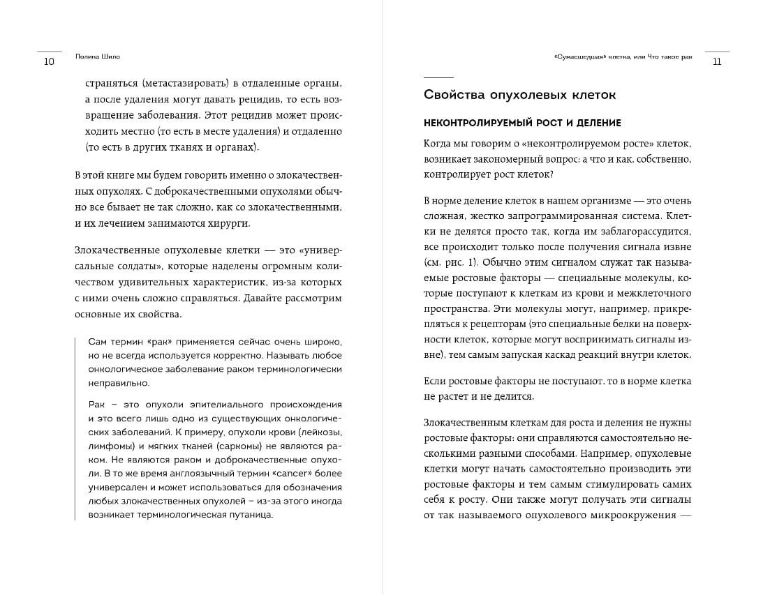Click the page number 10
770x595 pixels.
(48, 61)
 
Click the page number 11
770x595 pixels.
(717, 61)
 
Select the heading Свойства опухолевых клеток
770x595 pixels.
(519, 95)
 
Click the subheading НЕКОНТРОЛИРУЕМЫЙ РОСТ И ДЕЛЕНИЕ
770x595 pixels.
(522, 123)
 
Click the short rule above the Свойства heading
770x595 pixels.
(438, 77)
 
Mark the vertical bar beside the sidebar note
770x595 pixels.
(75, 429)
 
